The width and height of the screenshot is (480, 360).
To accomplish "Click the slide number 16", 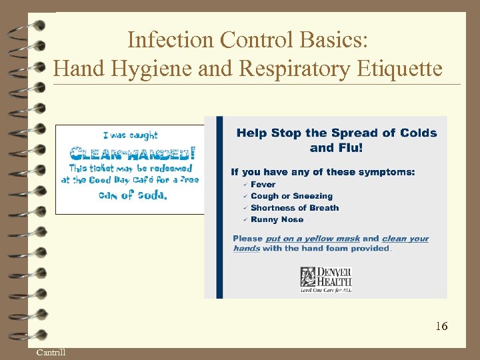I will click(441, 326).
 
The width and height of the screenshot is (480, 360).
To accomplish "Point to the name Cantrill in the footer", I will click(51, 352).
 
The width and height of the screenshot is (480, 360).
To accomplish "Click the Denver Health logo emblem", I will click(308, 277).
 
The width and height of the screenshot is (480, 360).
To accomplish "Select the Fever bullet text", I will click(263, 185).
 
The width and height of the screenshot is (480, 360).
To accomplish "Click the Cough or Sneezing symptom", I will click(291, 196).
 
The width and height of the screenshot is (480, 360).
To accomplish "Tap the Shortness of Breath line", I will click(294, 208).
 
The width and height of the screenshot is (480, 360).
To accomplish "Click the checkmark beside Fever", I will click(245, 185).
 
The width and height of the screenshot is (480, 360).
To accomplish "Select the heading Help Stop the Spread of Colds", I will click(336, 133).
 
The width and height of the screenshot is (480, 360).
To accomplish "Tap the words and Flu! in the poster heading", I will click(336, 148).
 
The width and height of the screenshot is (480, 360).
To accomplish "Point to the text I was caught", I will click(131, 136).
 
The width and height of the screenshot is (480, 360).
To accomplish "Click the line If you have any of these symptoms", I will click(323, 172).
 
